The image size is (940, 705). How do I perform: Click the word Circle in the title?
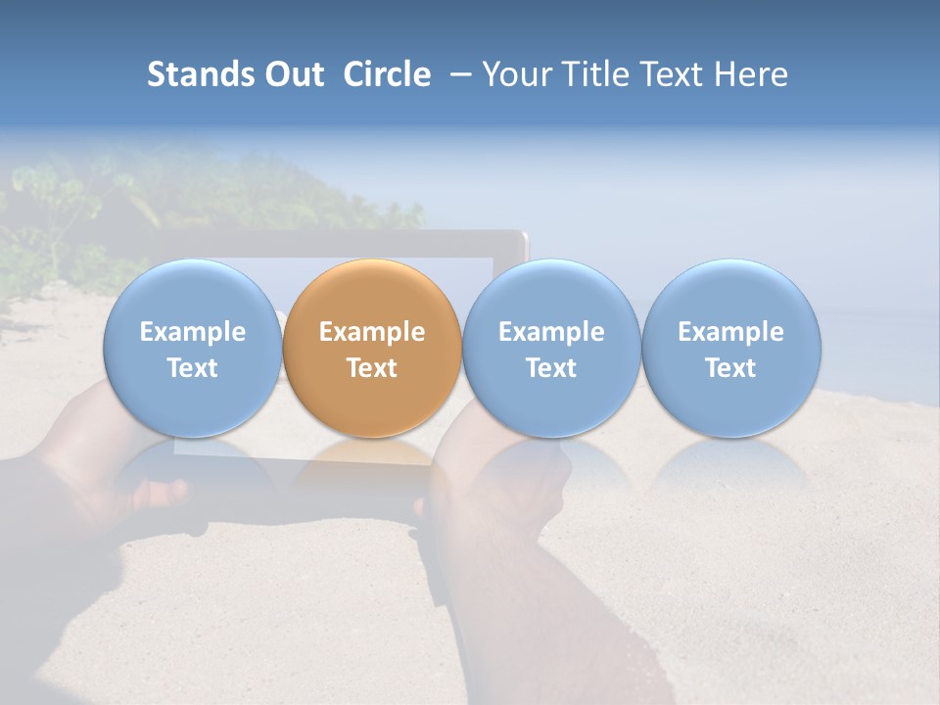(x=387, y=74)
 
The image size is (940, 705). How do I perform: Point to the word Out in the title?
(x=294, y=74)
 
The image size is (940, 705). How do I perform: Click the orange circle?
(x=372, y=294)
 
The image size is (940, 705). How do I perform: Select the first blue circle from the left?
(x=192, y=294)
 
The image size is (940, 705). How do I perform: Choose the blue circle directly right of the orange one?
(x=551, y=294)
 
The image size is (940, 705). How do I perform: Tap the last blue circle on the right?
(x=731, y=294)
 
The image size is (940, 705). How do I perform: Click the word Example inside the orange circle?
(x=372, y=332)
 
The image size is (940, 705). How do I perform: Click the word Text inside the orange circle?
(x=372, y=368)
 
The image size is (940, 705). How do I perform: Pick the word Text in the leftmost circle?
(x=192, y=368)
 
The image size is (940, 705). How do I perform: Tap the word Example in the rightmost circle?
(x=731, y=332)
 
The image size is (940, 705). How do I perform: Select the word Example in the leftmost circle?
(x=192, y=332)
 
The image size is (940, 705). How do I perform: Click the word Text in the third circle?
(x=551, y=368)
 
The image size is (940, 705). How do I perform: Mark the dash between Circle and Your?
(x=456, y=75)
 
